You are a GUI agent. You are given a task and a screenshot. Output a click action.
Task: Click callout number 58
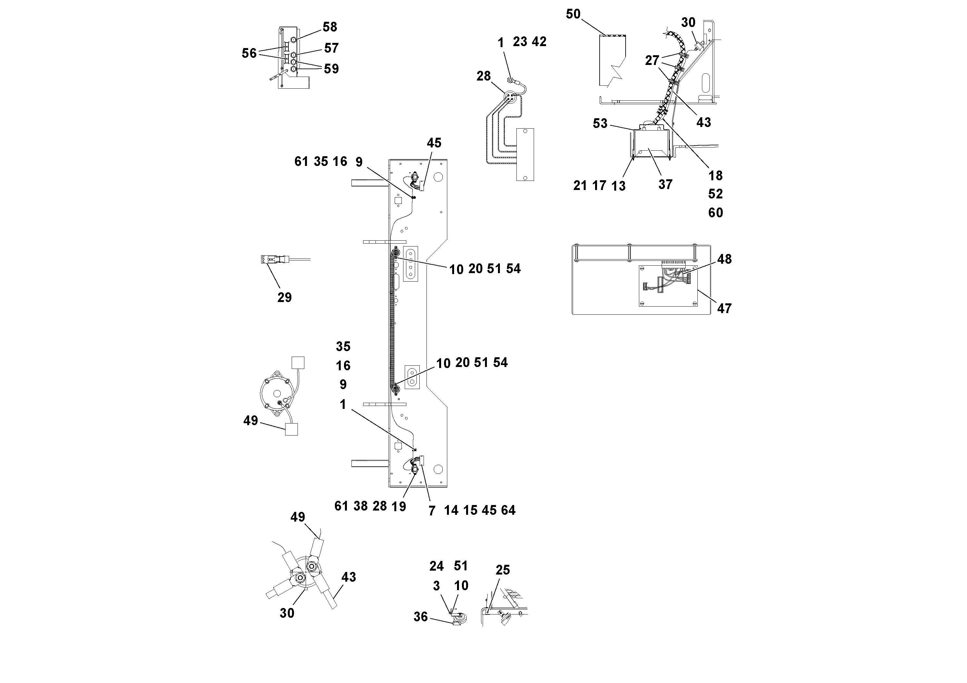pos(330,27)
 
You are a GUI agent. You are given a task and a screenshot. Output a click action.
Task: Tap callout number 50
pos(573,14)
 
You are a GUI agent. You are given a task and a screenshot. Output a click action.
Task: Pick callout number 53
pos(600,123)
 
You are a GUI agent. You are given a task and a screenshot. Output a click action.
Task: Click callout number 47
pos(724,308)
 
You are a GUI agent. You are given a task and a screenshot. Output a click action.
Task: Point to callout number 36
pos(420,616)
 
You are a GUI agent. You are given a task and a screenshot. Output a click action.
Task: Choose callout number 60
pos(715,213)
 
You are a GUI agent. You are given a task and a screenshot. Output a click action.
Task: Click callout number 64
pos(508,510)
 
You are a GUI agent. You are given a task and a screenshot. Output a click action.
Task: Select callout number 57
pos(331,48)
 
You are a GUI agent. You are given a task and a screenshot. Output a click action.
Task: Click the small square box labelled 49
pos(291,429)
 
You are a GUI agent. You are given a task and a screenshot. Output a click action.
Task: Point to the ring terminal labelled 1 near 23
pos(510,79)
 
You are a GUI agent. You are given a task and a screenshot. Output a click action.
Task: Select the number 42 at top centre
pos(539,42)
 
